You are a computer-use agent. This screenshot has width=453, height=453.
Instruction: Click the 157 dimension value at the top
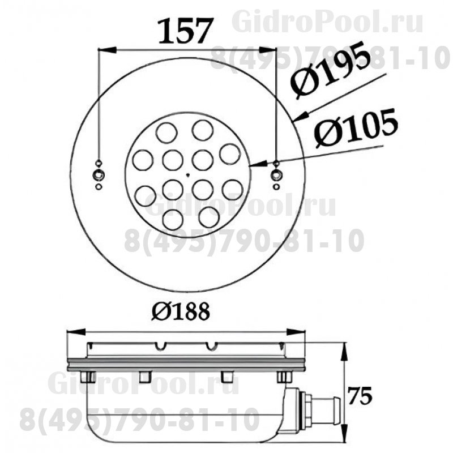click(x=185, y=32)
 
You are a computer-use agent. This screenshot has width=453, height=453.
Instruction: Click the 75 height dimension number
click(x=360, y=395)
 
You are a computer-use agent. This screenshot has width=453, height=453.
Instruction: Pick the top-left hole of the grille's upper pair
click(x=166, y=133)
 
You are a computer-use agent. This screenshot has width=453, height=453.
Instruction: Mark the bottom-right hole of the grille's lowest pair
click(x=209, y=217)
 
